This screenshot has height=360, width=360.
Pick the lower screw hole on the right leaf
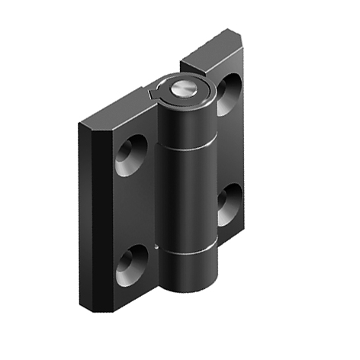[x=227, y=207]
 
